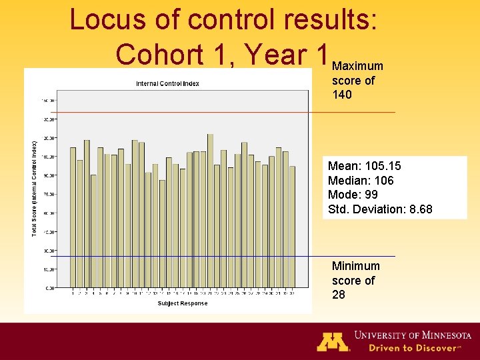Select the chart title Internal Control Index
click(167, 83)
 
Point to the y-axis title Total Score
click(35, 188)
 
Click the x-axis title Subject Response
click(182, 303)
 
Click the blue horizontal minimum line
click(353, 256)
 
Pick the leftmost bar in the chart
click(73, 217)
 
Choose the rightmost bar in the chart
click(292, 227)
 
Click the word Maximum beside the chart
click(357, 66)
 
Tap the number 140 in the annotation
click(342, 95)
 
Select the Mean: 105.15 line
click(364, 165)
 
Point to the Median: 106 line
click(361, 180)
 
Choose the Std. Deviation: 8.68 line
click(380, 209)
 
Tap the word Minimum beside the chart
click(356, 266)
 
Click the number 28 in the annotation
click(339, 295)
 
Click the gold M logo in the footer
click(333, 341)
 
